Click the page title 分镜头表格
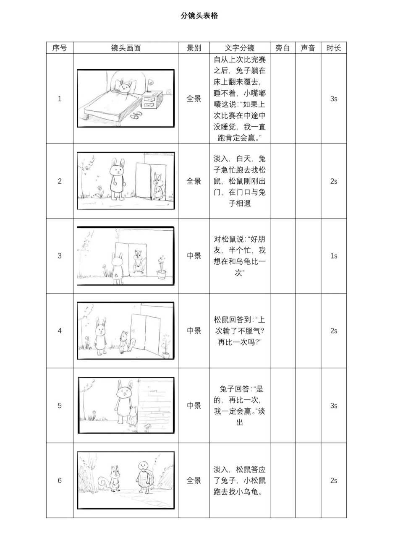point(199,16)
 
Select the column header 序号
point(60,48)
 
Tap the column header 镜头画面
point(126,48)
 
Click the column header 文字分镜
point(240,48)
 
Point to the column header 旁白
point(283,48)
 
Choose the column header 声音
point(308,48)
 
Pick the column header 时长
point(334,48)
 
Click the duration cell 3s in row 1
point(334,99)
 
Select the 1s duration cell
point(334,256)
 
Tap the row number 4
point(60,331)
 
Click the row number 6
point(60,480)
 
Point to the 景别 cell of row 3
point(194,256)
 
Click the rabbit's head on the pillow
point(124,87)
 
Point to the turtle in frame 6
point(144,477)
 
